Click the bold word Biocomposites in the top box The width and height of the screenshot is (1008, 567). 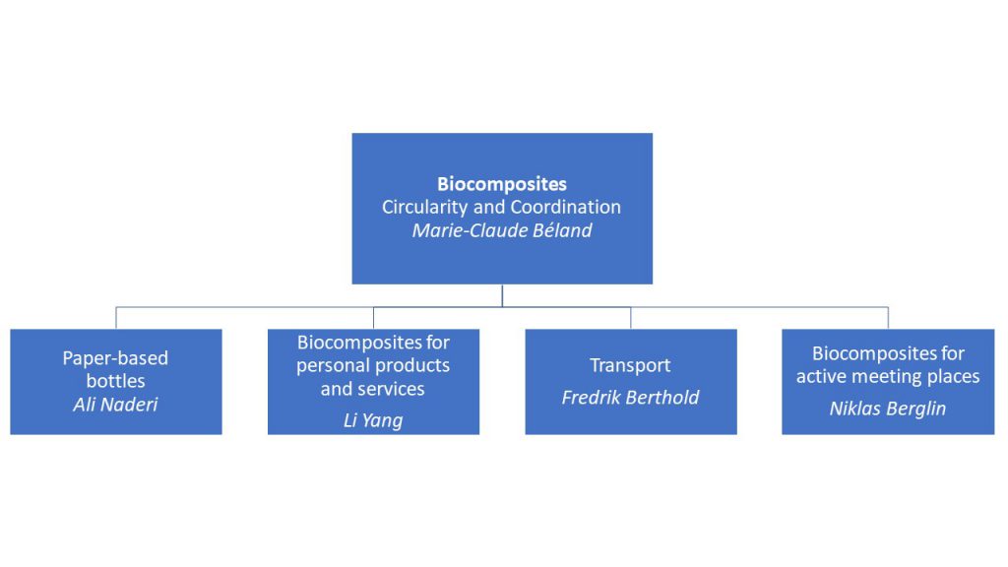click(x=502, y=184)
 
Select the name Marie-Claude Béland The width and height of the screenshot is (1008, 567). click(x=502, y=231)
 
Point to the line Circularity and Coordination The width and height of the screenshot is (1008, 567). click(x=502, y=208)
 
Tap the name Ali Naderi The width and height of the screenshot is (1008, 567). click(x=115, y=404)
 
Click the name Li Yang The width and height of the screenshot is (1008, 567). click(x=373, y=420)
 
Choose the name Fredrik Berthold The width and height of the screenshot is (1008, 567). click(x=630, y=398)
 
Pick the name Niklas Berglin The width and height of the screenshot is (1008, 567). click(x=887, y=409)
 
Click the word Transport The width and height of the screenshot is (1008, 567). click(x=630, y=365)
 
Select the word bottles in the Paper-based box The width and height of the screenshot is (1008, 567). click(x=115, y=381)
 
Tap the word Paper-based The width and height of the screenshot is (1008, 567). click(x=115, y=358)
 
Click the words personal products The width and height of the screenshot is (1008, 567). click(x=373, y=365)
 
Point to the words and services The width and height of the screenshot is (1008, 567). click(x=373, y=389)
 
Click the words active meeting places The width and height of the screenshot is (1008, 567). click(x=887, y=376)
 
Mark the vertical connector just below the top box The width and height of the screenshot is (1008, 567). click(x=502, y=295)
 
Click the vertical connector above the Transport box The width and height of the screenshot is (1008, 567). click(x=631, y=318)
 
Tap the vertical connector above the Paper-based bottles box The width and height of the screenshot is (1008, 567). click(x=116, y=318)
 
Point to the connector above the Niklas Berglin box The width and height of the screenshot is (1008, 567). click(x=888, y=318)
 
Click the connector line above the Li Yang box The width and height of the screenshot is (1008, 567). click(x=373, y=318)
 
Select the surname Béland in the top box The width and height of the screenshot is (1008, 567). click(x=561, y=231)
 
